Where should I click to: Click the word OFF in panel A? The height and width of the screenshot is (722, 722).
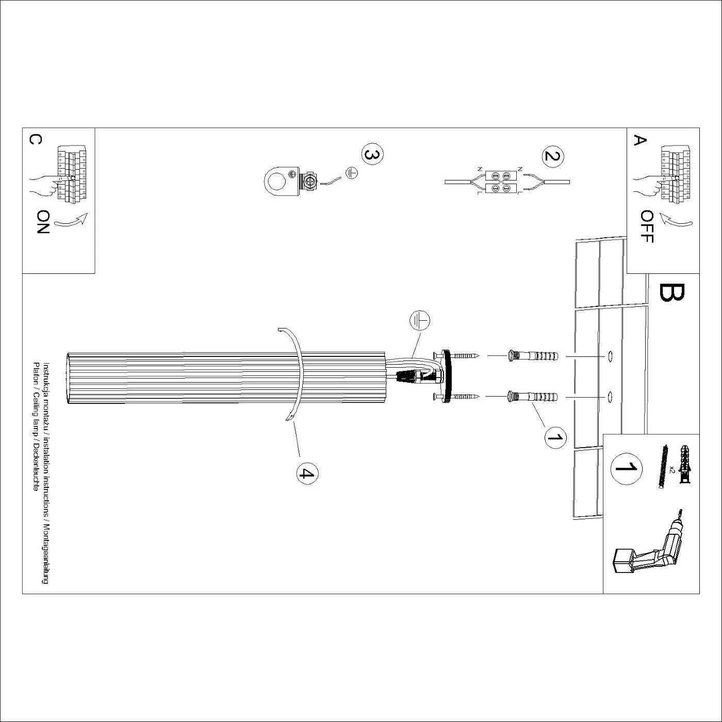pyautogui.click(x=647, y=227)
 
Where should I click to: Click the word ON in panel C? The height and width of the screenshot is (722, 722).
pyautogui.click(x=43, y=222)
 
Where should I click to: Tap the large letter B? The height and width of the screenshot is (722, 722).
pyautogui.click(x=672, y=292)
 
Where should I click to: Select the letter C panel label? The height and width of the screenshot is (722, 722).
pyautogui.click(x=35, y=140)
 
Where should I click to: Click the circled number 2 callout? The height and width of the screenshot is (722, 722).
pyautogui.click(x=553, y=155)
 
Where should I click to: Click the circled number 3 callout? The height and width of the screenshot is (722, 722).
pyautogui.click(x=372, y=155)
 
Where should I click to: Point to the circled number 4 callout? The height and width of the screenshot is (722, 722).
pyautogui.click(x=307, y=474)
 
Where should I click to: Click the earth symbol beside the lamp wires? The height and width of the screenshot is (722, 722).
pyautogui.click(x=420, y=321)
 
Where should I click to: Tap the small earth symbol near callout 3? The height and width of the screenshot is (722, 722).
pyautogui.click(x=351, y=173)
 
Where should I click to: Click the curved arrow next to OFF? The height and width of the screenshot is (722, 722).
pyautogui.click(x=676, y=221)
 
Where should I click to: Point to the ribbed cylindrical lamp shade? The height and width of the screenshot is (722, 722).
pyautogui.click(x=226, y=378)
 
